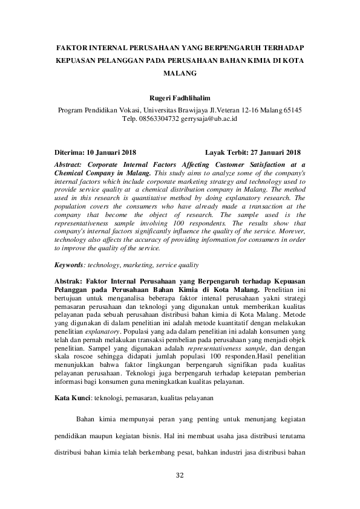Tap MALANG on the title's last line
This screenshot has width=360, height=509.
[x=180, y=73]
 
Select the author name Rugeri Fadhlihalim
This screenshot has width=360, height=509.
[x=180, y=98]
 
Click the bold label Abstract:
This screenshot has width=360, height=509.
[x=70, y=164]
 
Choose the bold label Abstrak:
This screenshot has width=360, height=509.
[x=70, y=281]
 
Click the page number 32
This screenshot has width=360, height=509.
[x=180, y=475]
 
